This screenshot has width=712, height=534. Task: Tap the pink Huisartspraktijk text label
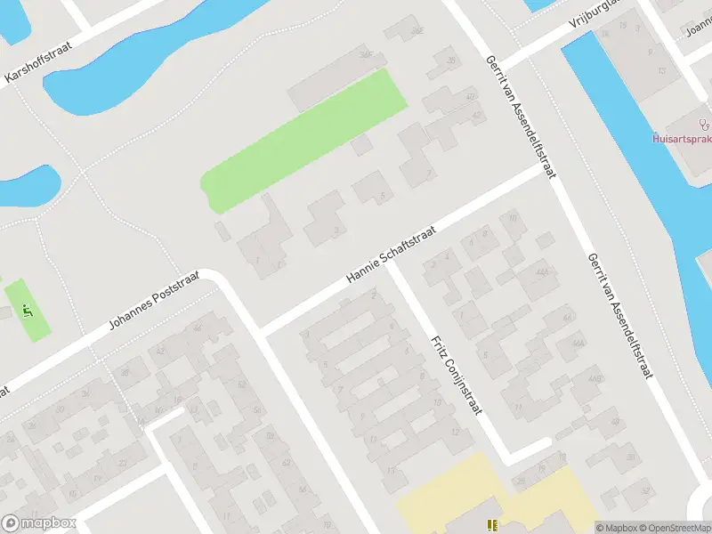click(x=681, y=138)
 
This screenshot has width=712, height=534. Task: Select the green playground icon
click(x=27, y=311)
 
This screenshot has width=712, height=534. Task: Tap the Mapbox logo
click(x=39, y=523)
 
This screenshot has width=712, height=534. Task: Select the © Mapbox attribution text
click(x=615, y=528)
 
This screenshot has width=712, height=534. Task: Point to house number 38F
click(x=365, y=55)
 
